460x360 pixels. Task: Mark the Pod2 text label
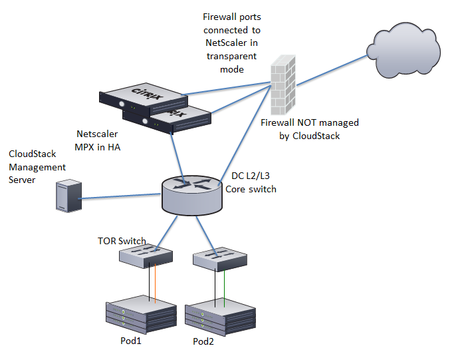click(x=205, y=342)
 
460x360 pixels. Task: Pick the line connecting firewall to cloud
click(x=330, y=67)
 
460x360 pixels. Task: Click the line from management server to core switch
click(x=120, y=197)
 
